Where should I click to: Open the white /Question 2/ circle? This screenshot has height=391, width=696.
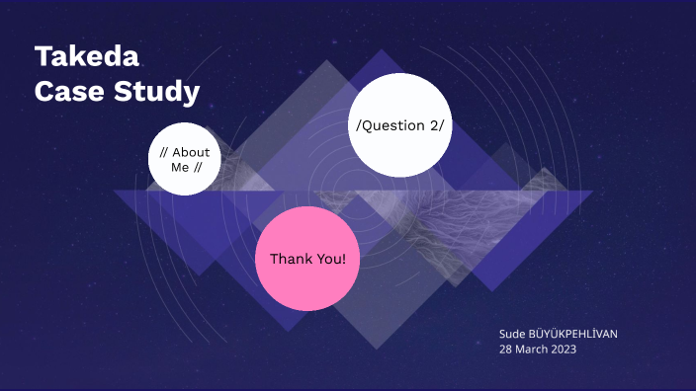399,125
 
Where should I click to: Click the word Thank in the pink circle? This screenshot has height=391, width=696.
288,259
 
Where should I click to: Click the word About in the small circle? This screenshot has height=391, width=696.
191,152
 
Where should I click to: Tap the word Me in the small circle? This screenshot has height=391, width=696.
179,167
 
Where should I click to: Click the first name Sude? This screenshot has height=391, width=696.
513,334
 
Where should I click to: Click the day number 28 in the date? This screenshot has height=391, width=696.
506,350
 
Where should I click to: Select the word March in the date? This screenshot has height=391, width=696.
532,350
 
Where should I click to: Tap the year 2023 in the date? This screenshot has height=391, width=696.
564,350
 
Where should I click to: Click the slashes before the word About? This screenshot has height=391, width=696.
163,152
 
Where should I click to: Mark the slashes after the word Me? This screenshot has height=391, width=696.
198,167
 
